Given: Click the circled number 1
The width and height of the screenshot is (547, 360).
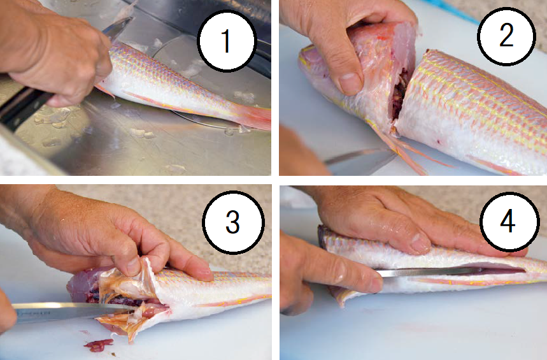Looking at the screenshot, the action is coord(227,41).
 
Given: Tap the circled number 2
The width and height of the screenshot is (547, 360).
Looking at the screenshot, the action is coord(506,35).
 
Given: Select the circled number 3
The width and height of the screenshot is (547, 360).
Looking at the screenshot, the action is coord(233,222).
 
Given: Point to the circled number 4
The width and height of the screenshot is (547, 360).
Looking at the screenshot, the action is coord(508,222).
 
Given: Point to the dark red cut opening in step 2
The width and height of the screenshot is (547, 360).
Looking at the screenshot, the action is coord(401,94).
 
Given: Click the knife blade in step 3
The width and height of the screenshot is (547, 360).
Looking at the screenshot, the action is coord(70,311).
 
